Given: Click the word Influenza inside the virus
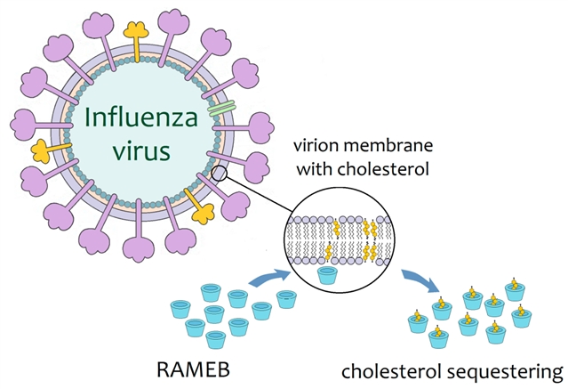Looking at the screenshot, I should click(137, 119).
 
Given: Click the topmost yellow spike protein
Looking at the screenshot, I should click(136, 29).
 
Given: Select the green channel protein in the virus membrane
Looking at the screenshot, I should click(221, 111).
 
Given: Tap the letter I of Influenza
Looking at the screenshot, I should click(86, 119).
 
